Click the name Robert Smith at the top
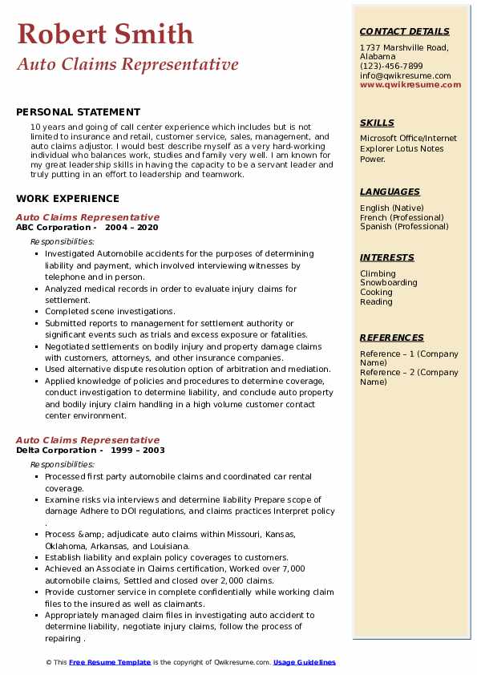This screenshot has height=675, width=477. pos(105,34)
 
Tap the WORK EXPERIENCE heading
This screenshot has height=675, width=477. pos(67,198)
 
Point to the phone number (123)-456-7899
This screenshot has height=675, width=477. pos(391,67)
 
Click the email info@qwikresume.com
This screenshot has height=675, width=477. pos(405,75)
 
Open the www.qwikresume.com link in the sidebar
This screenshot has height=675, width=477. pos(410,84)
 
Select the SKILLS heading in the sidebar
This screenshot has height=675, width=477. pos(377,123)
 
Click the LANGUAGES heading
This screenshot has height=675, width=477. pos(390,192)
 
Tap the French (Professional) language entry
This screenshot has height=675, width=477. pos(402,217)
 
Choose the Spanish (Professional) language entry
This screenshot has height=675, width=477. pos(403,226)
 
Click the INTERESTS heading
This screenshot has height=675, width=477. pos(387,257)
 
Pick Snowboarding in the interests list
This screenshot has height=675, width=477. pos(388,283)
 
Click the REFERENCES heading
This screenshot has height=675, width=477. pos(392,337)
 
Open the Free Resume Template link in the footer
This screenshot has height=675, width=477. pos(109,662)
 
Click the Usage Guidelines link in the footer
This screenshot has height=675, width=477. pos(304,662)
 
